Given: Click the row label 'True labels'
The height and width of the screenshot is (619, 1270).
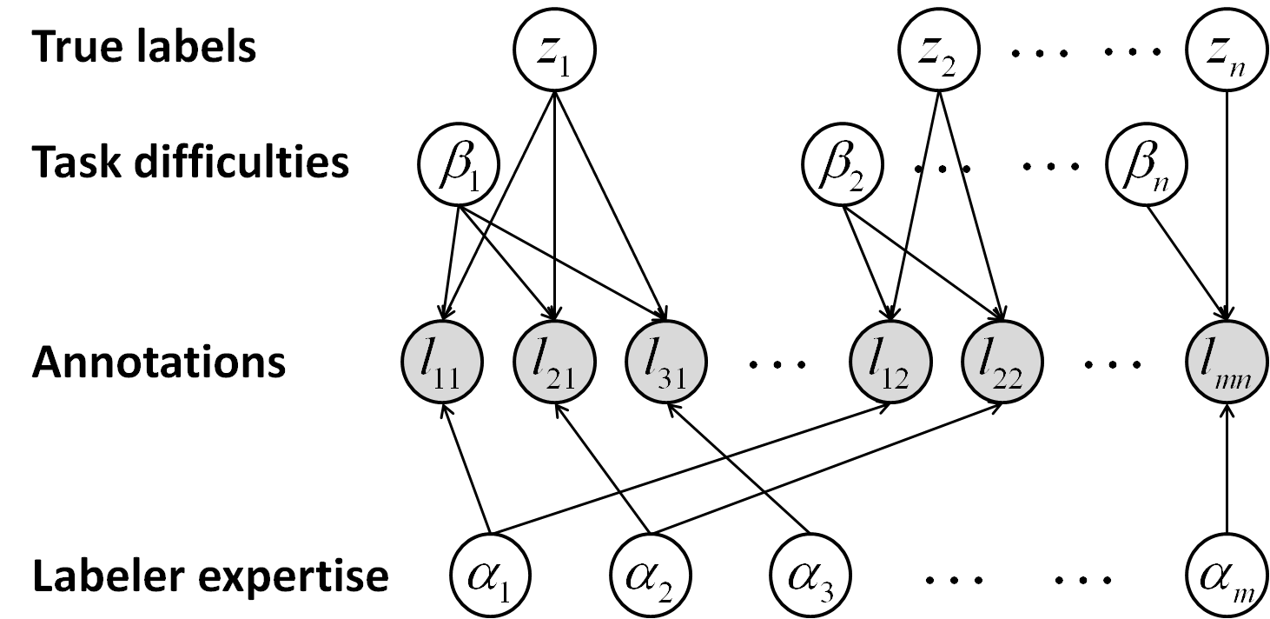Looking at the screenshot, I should coord(144,47).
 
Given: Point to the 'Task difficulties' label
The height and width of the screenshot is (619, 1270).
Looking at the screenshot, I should coord(190,163).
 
